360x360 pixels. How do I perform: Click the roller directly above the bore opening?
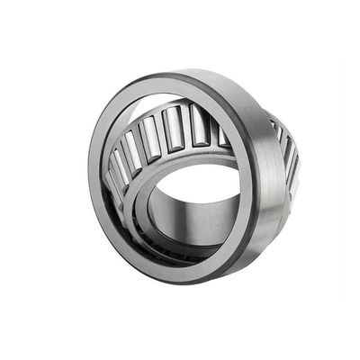(175, 127)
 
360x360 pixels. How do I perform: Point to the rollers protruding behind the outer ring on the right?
(285, 153)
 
